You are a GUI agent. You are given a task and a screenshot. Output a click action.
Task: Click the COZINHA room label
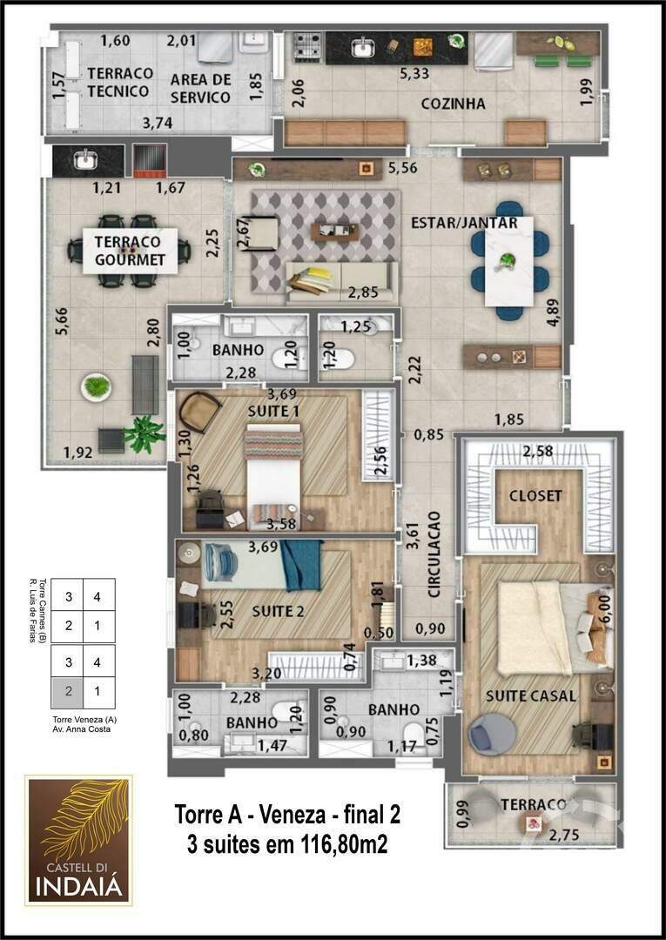coord(453,104)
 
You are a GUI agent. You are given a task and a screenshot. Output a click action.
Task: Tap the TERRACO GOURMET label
coord(130,252)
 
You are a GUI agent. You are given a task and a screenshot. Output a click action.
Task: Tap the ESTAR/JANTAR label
coord(464,223)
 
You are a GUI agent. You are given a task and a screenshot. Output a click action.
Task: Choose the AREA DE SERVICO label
coord(200,89)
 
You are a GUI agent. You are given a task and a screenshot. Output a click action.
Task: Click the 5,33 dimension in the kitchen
coord(414,74)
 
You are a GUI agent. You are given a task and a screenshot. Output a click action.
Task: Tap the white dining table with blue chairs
coord(508,260)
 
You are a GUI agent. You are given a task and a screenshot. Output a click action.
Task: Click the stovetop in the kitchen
coord(306,46)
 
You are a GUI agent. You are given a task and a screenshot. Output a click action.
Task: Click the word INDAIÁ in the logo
coord(79,887)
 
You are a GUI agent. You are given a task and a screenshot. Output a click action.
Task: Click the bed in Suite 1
coord(273,474)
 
